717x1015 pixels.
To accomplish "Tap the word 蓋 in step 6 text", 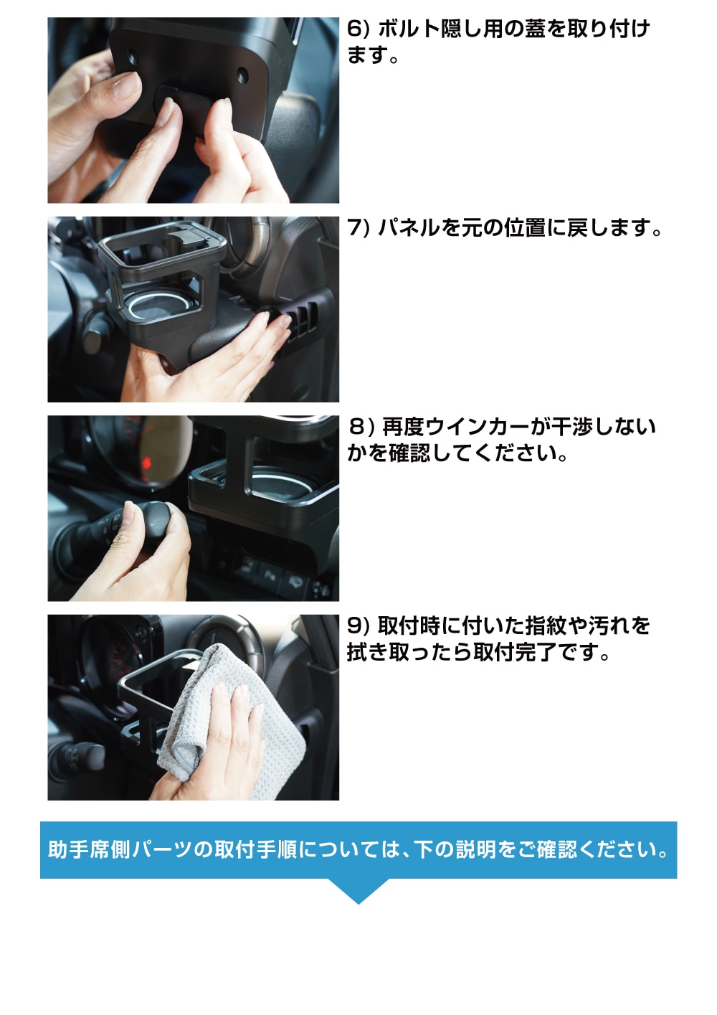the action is (535, 29).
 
